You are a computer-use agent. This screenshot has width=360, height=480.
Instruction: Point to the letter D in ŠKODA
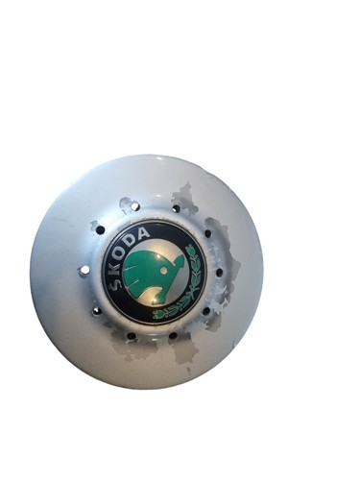134,238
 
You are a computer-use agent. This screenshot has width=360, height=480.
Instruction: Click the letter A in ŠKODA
144,233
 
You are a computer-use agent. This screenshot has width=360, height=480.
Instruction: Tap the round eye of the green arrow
164,271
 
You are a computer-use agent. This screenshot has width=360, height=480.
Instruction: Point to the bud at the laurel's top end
191,249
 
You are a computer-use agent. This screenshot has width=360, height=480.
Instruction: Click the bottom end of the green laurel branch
156,314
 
